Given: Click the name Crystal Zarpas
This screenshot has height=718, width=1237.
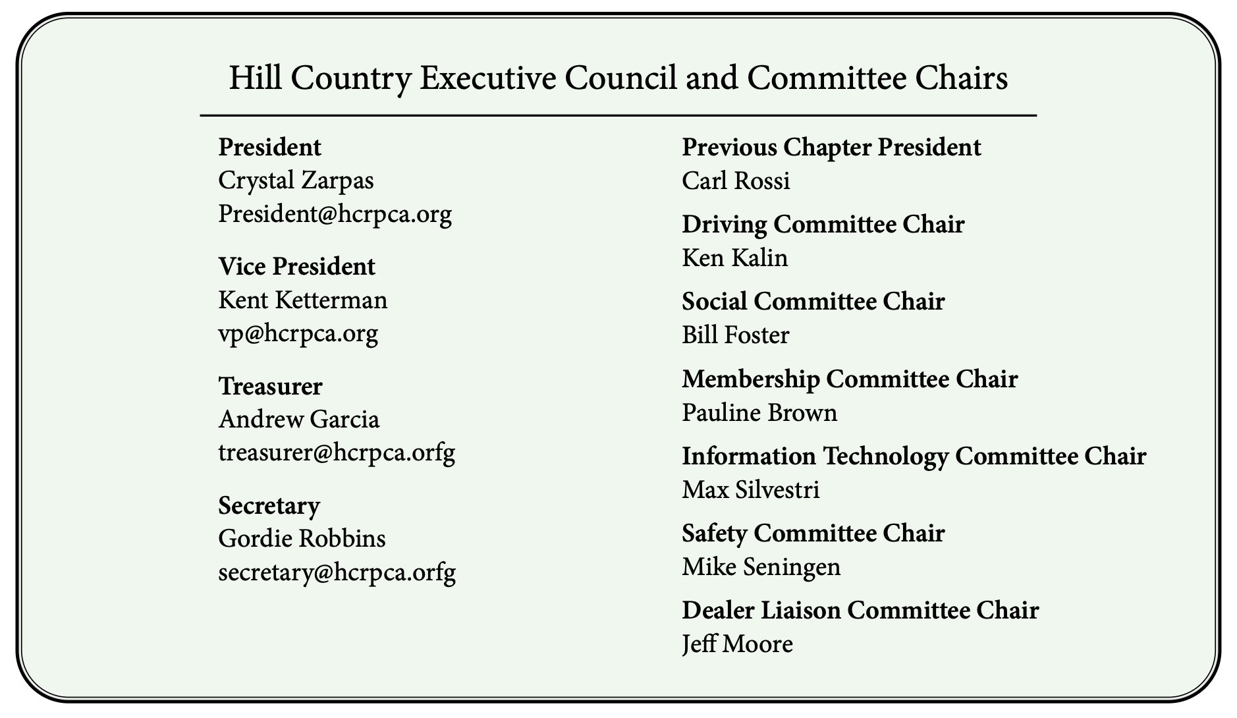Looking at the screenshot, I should point(296,180).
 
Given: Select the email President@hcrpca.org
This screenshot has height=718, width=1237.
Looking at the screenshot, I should point(335,214).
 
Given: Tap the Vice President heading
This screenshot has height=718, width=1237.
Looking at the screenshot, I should point(296,267).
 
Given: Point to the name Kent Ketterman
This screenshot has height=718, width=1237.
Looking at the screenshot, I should point(302,300).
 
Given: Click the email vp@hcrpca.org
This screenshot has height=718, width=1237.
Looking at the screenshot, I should point(298,334).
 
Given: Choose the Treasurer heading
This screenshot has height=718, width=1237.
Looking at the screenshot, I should point(270,386).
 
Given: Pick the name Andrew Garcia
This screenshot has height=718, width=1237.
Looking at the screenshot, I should point(298,420).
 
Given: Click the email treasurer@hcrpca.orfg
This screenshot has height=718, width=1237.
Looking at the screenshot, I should point(336,453).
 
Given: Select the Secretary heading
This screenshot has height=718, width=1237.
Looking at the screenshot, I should point(269,505).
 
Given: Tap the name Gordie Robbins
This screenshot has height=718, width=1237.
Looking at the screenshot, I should point(302,539).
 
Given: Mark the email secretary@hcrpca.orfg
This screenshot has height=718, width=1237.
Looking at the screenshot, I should point(337,572).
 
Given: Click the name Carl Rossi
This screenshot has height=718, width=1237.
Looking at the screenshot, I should point(736,180).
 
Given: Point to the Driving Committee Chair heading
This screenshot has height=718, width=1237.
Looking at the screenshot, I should point(823,225).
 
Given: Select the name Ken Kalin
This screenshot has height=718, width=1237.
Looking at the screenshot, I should point(734,258).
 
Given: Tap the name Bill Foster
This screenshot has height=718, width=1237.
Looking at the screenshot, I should point(735,335).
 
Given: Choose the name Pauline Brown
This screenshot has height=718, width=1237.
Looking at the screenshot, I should point(759,413).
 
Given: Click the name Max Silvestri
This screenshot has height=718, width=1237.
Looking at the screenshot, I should point(750,490).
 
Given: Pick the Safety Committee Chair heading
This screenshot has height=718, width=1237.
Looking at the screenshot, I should point(813,533).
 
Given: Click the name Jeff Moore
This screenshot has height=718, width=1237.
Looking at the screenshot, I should point(737,644).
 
